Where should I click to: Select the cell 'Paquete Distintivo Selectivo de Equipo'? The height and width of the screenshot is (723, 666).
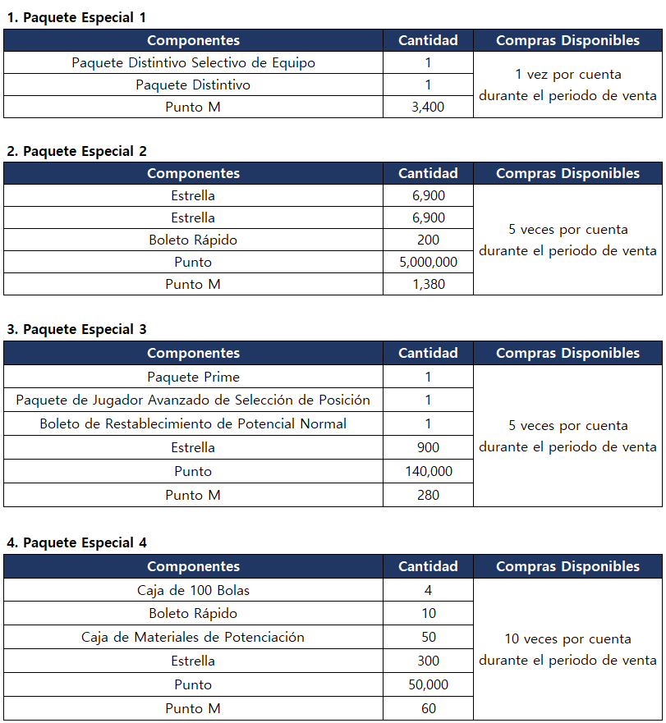coord(193,62)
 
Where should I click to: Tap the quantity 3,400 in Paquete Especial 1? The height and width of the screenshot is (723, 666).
coord(428,107)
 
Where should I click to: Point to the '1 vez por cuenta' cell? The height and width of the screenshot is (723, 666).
coord(567,85)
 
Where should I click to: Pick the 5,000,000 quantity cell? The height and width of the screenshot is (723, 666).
coord(428,262)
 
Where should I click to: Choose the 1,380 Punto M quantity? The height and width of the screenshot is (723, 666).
coord(428,284)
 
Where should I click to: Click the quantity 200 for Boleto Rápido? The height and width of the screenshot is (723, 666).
coord(428,240)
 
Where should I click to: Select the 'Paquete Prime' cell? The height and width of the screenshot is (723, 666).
coord(193,377)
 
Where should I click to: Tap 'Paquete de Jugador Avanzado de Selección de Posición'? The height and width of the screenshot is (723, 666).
coord(193,400)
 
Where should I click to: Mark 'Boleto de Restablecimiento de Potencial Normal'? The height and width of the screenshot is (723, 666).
coord(193,423)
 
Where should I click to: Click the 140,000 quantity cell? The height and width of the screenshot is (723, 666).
coord(428,471)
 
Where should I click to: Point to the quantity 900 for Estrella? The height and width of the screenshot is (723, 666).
coord(428,447)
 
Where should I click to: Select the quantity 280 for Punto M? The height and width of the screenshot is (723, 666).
coord(428,495)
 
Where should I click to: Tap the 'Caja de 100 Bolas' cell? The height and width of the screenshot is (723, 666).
coord(193,590)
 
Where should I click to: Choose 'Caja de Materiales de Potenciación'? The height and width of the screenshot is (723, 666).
coord(193,637)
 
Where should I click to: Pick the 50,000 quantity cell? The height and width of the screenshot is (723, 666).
coord(428,684)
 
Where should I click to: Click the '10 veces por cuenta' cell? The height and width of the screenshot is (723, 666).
coord(567,649)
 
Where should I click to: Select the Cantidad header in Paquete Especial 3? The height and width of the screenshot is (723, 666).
coord(428,353)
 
